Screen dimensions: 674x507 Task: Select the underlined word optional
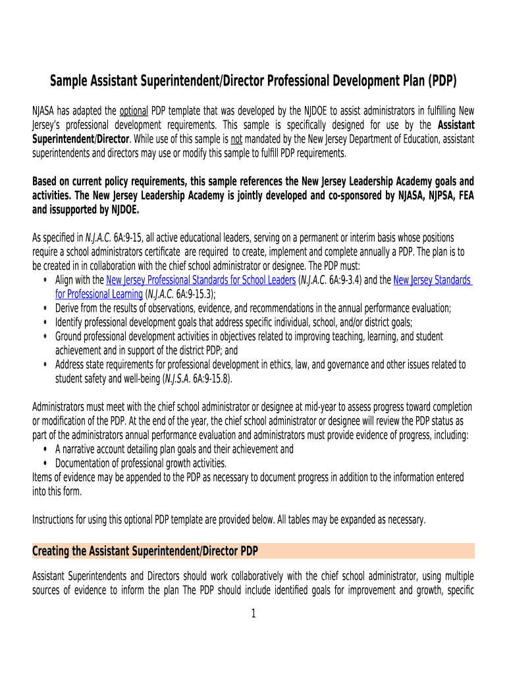[134, 110]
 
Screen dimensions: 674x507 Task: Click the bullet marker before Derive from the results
[44, 308]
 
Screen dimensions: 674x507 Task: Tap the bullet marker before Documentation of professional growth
[44, 463]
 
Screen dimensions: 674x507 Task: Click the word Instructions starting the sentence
[54, 519]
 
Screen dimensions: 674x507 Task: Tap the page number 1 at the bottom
[253, 614]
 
